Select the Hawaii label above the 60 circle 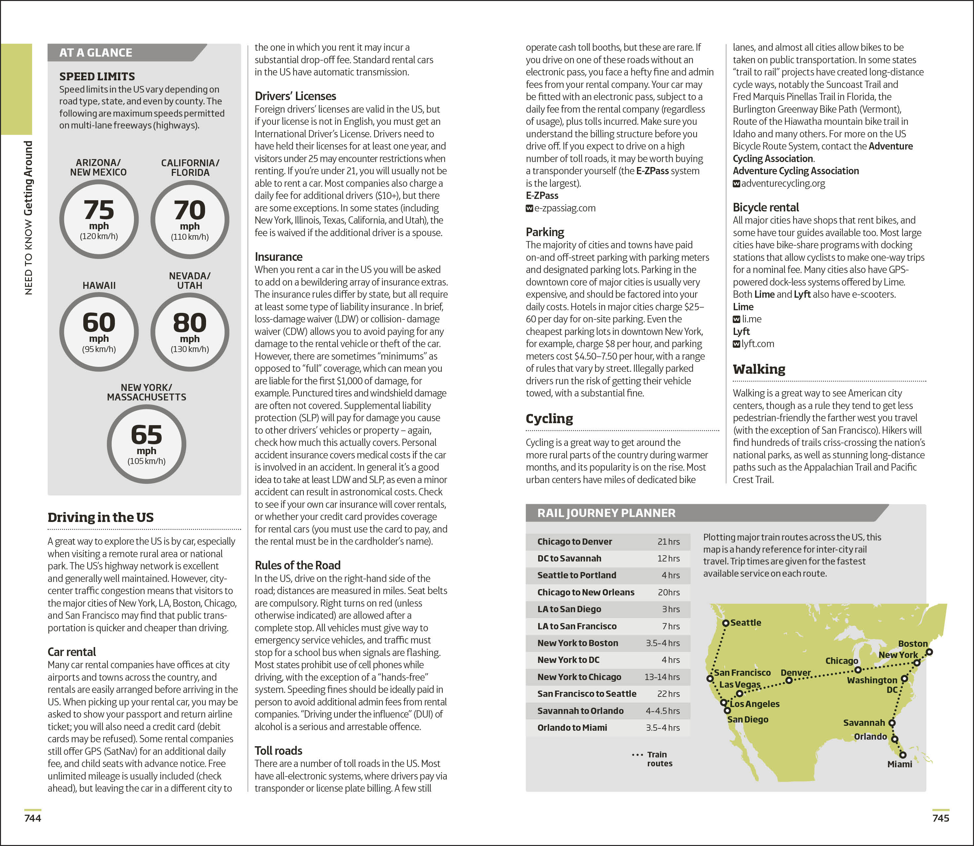coord(99,285)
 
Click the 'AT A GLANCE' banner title coord(96,52)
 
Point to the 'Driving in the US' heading coord(100,517)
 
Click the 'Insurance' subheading coord(278,257)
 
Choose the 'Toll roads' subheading coord(278,750)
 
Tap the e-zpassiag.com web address coord(565,208)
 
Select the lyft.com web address coord(757,344)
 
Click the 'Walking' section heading coord(759,369)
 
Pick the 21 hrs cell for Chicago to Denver coord(668,541)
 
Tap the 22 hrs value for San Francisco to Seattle coord(668,694)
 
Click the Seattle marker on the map coord(726,623)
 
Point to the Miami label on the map coord(899,764)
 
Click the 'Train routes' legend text coord(659,759)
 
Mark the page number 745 coord(940,818)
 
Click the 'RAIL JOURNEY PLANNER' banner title coord(606,513)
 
